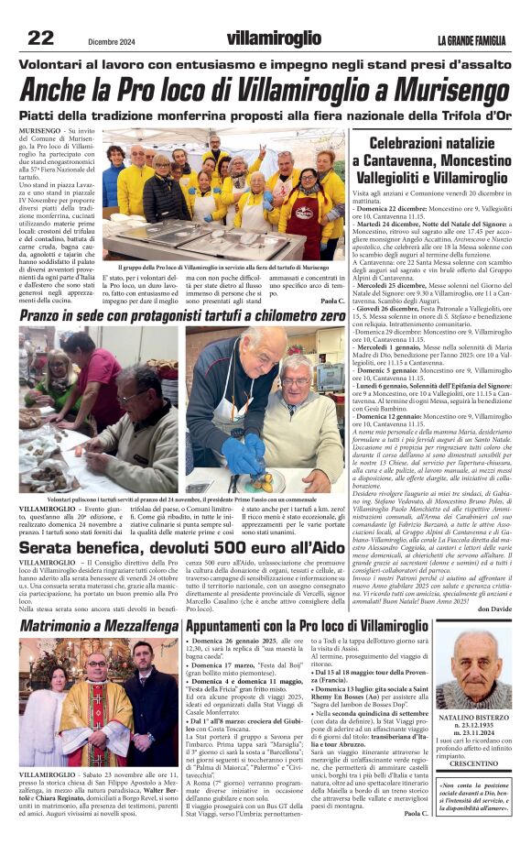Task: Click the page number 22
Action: [41, 38]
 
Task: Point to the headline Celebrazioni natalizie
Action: [432, 144]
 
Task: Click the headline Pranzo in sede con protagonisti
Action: [183, 316]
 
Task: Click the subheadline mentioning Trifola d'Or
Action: [265, 116]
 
